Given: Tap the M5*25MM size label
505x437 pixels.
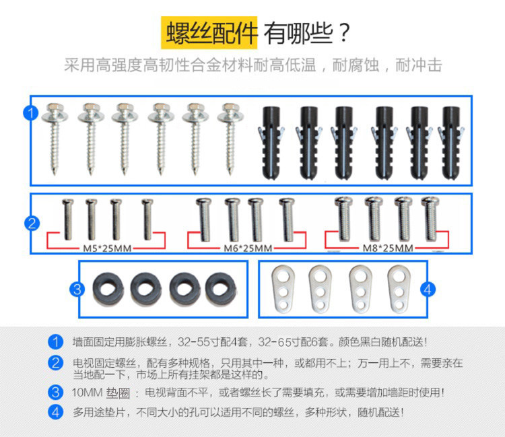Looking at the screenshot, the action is pyautogui.click(x=106, y=248).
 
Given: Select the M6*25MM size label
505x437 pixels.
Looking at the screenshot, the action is pyautogui.click(x=247, y=248).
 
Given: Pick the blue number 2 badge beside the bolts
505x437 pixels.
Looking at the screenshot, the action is pyautogui.click(x=31, y=224).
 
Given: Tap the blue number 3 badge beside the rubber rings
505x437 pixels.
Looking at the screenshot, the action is pyautogui.click(x=78, y=290).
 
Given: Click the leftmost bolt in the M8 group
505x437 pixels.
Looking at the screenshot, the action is pyautogui.click(x=344, y=218).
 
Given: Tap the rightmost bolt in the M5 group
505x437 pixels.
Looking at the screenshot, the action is pyautogui.click(x=147, y=218).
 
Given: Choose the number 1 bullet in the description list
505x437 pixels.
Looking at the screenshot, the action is pyautogui.click(x=55, y=342).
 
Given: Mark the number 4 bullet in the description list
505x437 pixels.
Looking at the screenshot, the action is pyautogui.click(x=55, y=411).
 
